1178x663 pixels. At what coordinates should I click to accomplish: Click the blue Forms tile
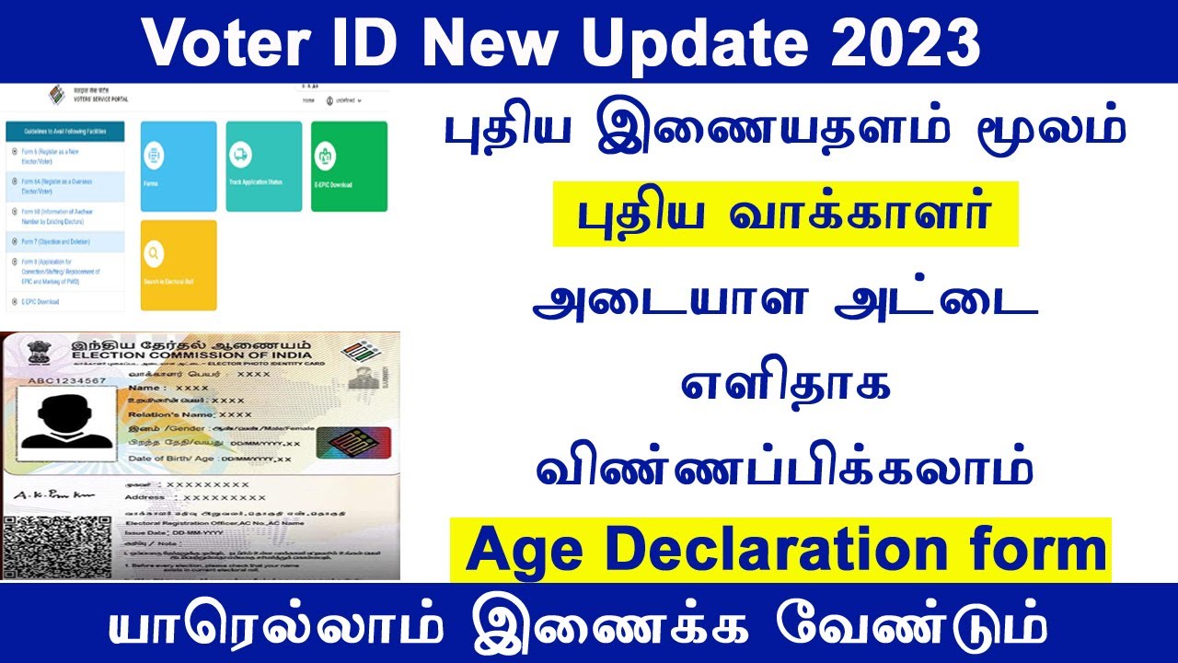(x=178, y=166)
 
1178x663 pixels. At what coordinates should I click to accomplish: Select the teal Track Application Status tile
(x=263, y=166)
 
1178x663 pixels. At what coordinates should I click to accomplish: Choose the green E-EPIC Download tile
(x=349, y=166)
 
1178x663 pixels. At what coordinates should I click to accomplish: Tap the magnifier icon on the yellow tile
(x=154, y=251)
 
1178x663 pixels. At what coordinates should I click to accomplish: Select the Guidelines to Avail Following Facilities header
(x=64, y=132)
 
